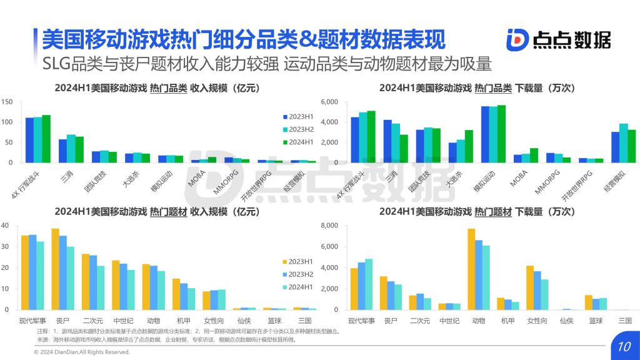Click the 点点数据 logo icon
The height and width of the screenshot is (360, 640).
point(517,39)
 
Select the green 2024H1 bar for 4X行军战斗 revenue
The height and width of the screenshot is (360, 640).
point(46,139)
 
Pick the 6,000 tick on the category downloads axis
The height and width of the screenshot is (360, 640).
point(329,102)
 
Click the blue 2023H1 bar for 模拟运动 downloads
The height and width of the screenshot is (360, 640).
point(485,134)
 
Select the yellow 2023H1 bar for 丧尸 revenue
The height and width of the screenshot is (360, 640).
point(55,269)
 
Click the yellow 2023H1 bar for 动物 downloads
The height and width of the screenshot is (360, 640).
point(471,269)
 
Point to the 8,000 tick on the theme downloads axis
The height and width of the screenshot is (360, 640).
point(329,226)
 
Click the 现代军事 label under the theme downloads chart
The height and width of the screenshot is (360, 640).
point(361,321)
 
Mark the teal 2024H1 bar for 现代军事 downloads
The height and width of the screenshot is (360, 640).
point(369,284)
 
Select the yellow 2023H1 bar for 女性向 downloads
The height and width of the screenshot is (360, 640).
point(530,288)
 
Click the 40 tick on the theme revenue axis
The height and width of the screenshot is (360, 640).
point(5,226)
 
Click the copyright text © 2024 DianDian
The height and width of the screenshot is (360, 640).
point(81,352)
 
